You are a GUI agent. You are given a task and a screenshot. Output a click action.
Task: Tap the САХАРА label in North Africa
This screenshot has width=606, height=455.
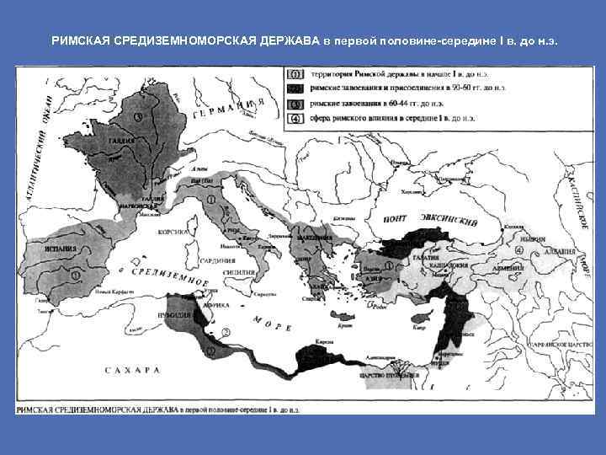click(x=132, y=371)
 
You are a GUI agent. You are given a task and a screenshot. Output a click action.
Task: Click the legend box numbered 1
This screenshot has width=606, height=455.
click(x=296, y=74)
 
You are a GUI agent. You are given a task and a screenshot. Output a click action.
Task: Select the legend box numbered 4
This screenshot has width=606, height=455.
click(x=296, y=119)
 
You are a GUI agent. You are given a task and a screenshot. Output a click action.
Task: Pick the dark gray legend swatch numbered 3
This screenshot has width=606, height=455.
click(x=296, y=104)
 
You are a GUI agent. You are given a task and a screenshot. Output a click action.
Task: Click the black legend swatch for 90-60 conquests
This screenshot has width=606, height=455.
click(x=296, y=88)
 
